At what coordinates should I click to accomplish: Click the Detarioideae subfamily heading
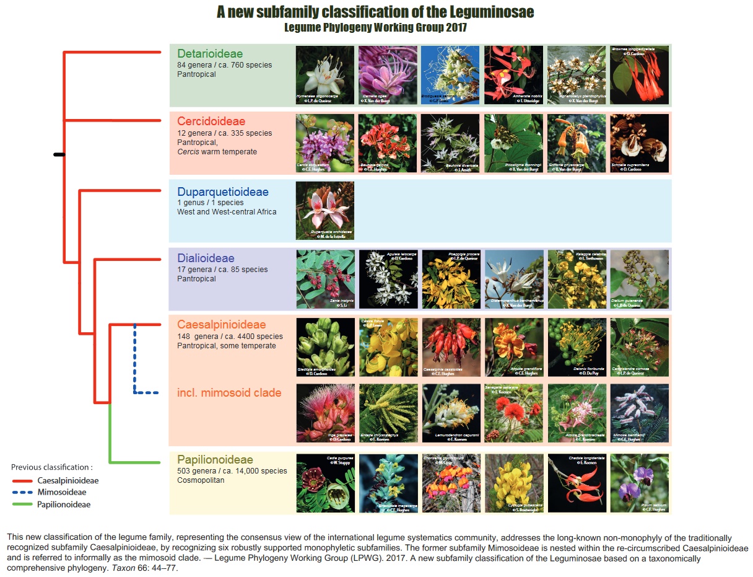[210, 54]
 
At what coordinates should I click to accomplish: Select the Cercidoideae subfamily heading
[211, 121]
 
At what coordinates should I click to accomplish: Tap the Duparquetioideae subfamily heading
[223, 192]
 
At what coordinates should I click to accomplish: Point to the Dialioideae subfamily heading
[206, 258]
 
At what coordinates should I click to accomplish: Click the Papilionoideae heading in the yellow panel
[215, 460]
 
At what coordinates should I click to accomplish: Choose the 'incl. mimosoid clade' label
[229, 393]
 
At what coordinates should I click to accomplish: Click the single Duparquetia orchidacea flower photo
[325, 211]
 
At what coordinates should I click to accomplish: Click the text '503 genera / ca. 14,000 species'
[232, 471]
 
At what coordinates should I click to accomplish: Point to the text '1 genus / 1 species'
[211, 203]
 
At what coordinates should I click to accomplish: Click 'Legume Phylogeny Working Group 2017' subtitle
[375, 28]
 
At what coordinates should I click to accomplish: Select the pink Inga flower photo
[325, 413]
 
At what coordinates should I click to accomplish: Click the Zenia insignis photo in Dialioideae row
[325, 279]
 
